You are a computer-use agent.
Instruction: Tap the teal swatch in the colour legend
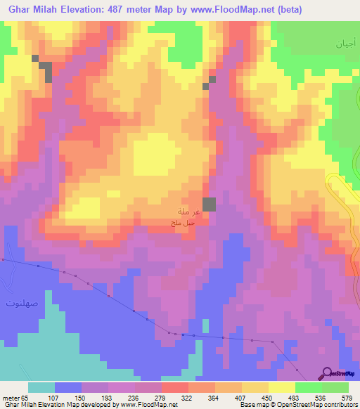click(41, 388)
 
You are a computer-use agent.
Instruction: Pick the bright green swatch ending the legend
click(335, 388)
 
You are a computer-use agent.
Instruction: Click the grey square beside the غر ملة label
click(210, 204)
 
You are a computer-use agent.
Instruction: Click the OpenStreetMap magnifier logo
click(327, 372)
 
